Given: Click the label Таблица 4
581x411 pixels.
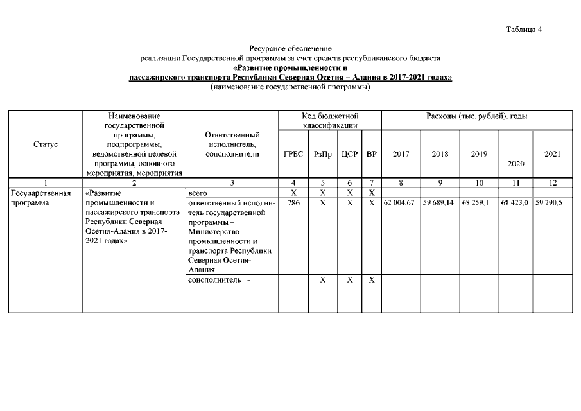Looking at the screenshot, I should (524, 30).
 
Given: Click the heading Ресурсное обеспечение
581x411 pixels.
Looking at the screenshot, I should (290, 49).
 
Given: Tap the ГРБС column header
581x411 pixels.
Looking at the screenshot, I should (293, 155).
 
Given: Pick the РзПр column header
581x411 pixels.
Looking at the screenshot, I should (322, 155).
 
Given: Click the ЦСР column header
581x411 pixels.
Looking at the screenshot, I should (349, 155).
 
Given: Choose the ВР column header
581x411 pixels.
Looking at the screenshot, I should (372, 155).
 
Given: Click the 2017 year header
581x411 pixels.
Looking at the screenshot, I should (401, 155).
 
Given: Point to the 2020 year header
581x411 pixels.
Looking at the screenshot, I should (516, 164).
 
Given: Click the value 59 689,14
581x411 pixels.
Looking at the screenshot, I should (440, 202).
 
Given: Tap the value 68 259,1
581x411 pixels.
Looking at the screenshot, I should (476, 202).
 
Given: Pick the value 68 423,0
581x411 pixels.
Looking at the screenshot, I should (516, 202).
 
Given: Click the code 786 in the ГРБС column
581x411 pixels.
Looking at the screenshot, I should (293, 202).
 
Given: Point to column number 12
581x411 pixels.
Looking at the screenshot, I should (553, 183).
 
